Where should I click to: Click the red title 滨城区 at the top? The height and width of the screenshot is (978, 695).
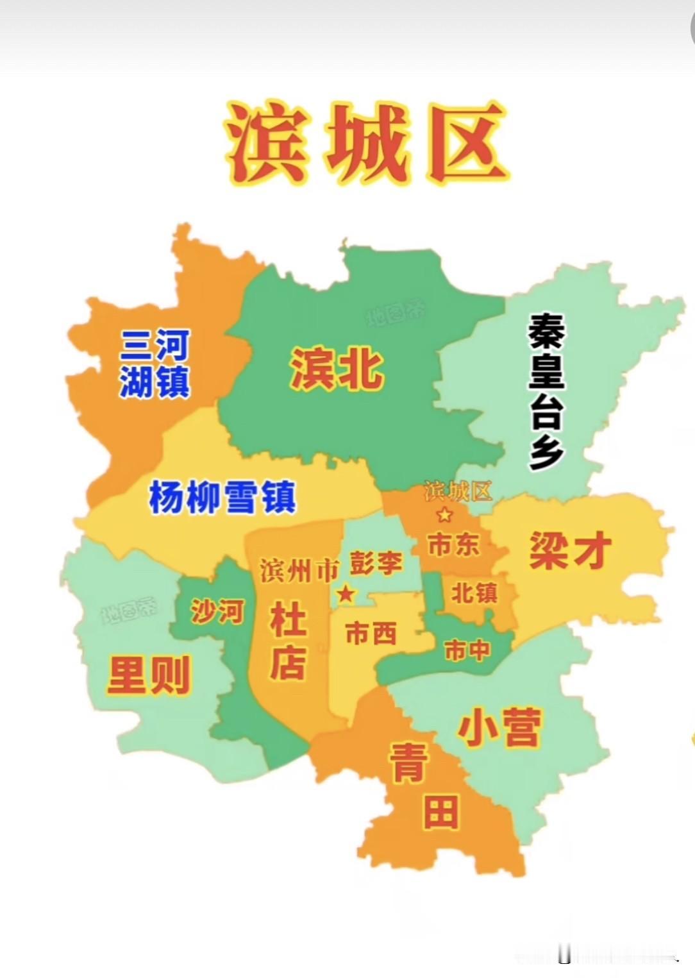click(365, 142)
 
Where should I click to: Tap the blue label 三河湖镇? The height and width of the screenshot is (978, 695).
click(155, 364)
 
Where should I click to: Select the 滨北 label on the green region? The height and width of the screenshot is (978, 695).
click(337, 369)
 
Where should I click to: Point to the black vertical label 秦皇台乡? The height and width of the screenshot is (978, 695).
click(546, 392)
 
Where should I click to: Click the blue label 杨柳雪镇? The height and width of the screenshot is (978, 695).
click(222, 498)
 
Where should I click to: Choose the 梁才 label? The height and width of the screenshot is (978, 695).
click(570, 550)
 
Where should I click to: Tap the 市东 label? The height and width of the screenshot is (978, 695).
click(453, 545)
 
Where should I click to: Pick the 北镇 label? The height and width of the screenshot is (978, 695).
click(474, 593)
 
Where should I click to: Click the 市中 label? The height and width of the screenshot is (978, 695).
click(467, 651)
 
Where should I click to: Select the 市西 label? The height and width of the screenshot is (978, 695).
click(371, 634)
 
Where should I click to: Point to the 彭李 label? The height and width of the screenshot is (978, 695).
click(376, 564)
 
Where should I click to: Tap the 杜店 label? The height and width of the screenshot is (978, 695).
click(288, 641)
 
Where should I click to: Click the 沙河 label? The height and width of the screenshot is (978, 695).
click(217, 612)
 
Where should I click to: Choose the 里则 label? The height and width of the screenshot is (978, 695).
click(149, 675)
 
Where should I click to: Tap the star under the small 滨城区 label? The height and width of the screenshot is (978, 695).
click(444, 514)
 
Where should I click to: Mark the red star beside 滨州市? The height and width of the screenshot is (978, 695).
click(346, 594)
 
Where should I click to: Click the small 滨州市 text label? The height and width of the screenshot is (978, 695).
click(299, 570)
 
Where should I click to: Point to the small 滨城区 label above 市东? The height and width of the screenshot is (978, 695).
click(458, 491)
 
